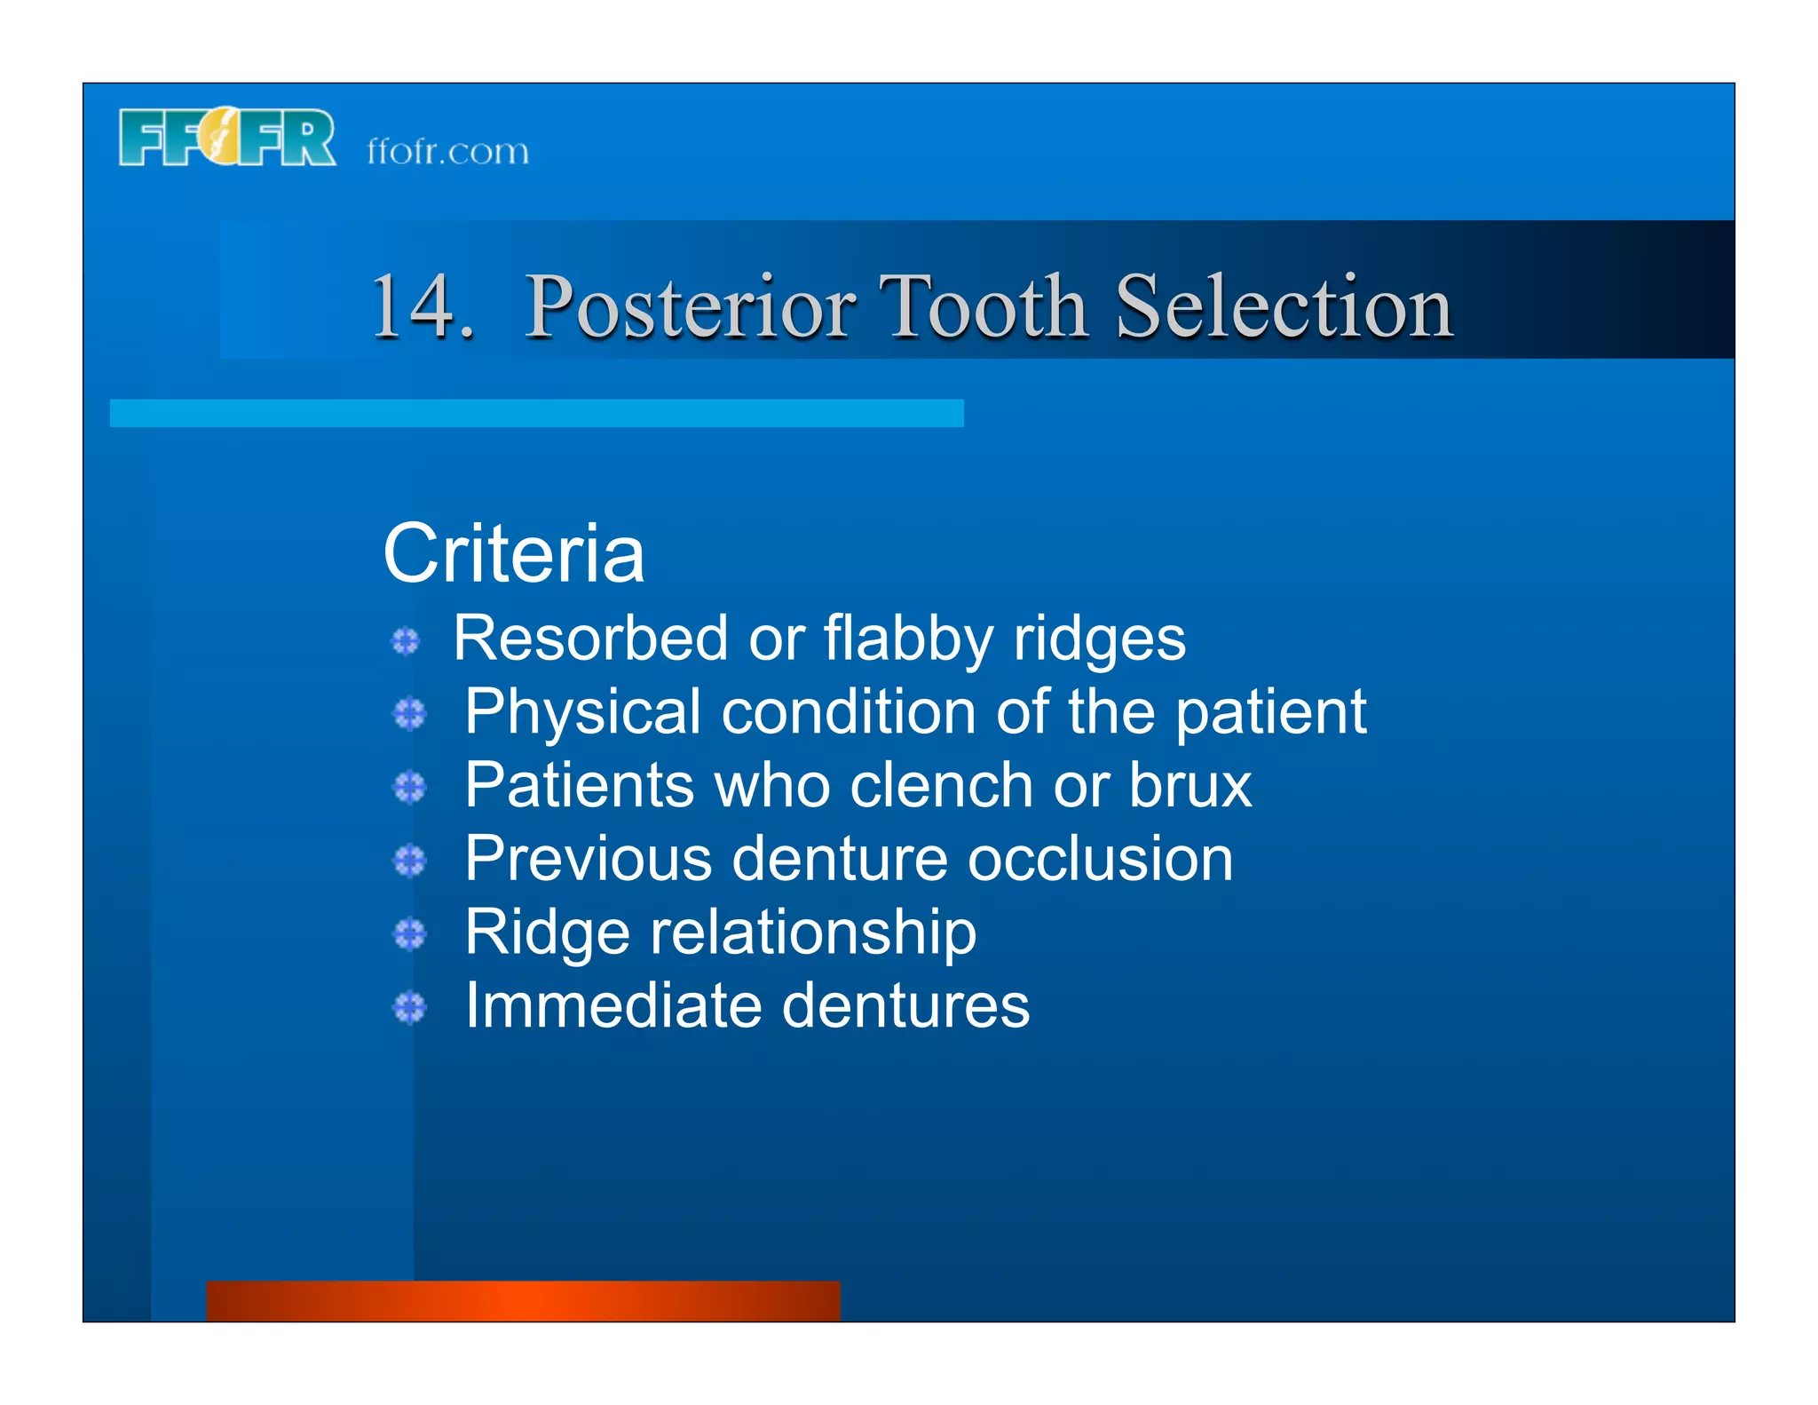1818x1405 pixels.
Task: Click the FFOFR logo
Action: (x=227, y=138)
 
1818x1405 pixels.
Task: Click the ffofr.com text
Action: (x=447, y=151)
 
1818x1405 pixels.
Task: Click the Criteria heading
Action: (x=513, y=554)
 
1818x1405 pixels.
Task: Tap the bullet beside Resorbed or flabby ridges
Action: (x=406, y=641)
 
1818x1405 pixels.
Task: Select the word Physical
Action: (x=583, y=712)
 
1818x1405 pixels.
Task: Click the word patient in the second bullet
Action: (x=1270, y=712)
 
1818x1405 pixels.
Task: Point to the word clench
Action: (x=941, y=785)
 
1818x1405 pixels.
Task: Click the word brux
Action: (x=1190, y=785)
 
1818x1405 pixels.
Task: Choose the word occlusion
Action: (x=1100, y=859)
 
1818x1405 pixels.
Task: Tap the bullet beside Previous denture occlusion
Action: (x=409, y=861)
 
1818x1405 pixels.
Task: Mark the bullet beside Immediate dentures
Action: (x=409, y=1008)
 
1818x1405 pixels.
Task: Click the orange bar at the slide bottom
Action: (x=523, y=1300)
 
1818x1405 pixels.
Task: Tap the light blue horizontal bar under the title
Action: (x=536, y=413)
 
